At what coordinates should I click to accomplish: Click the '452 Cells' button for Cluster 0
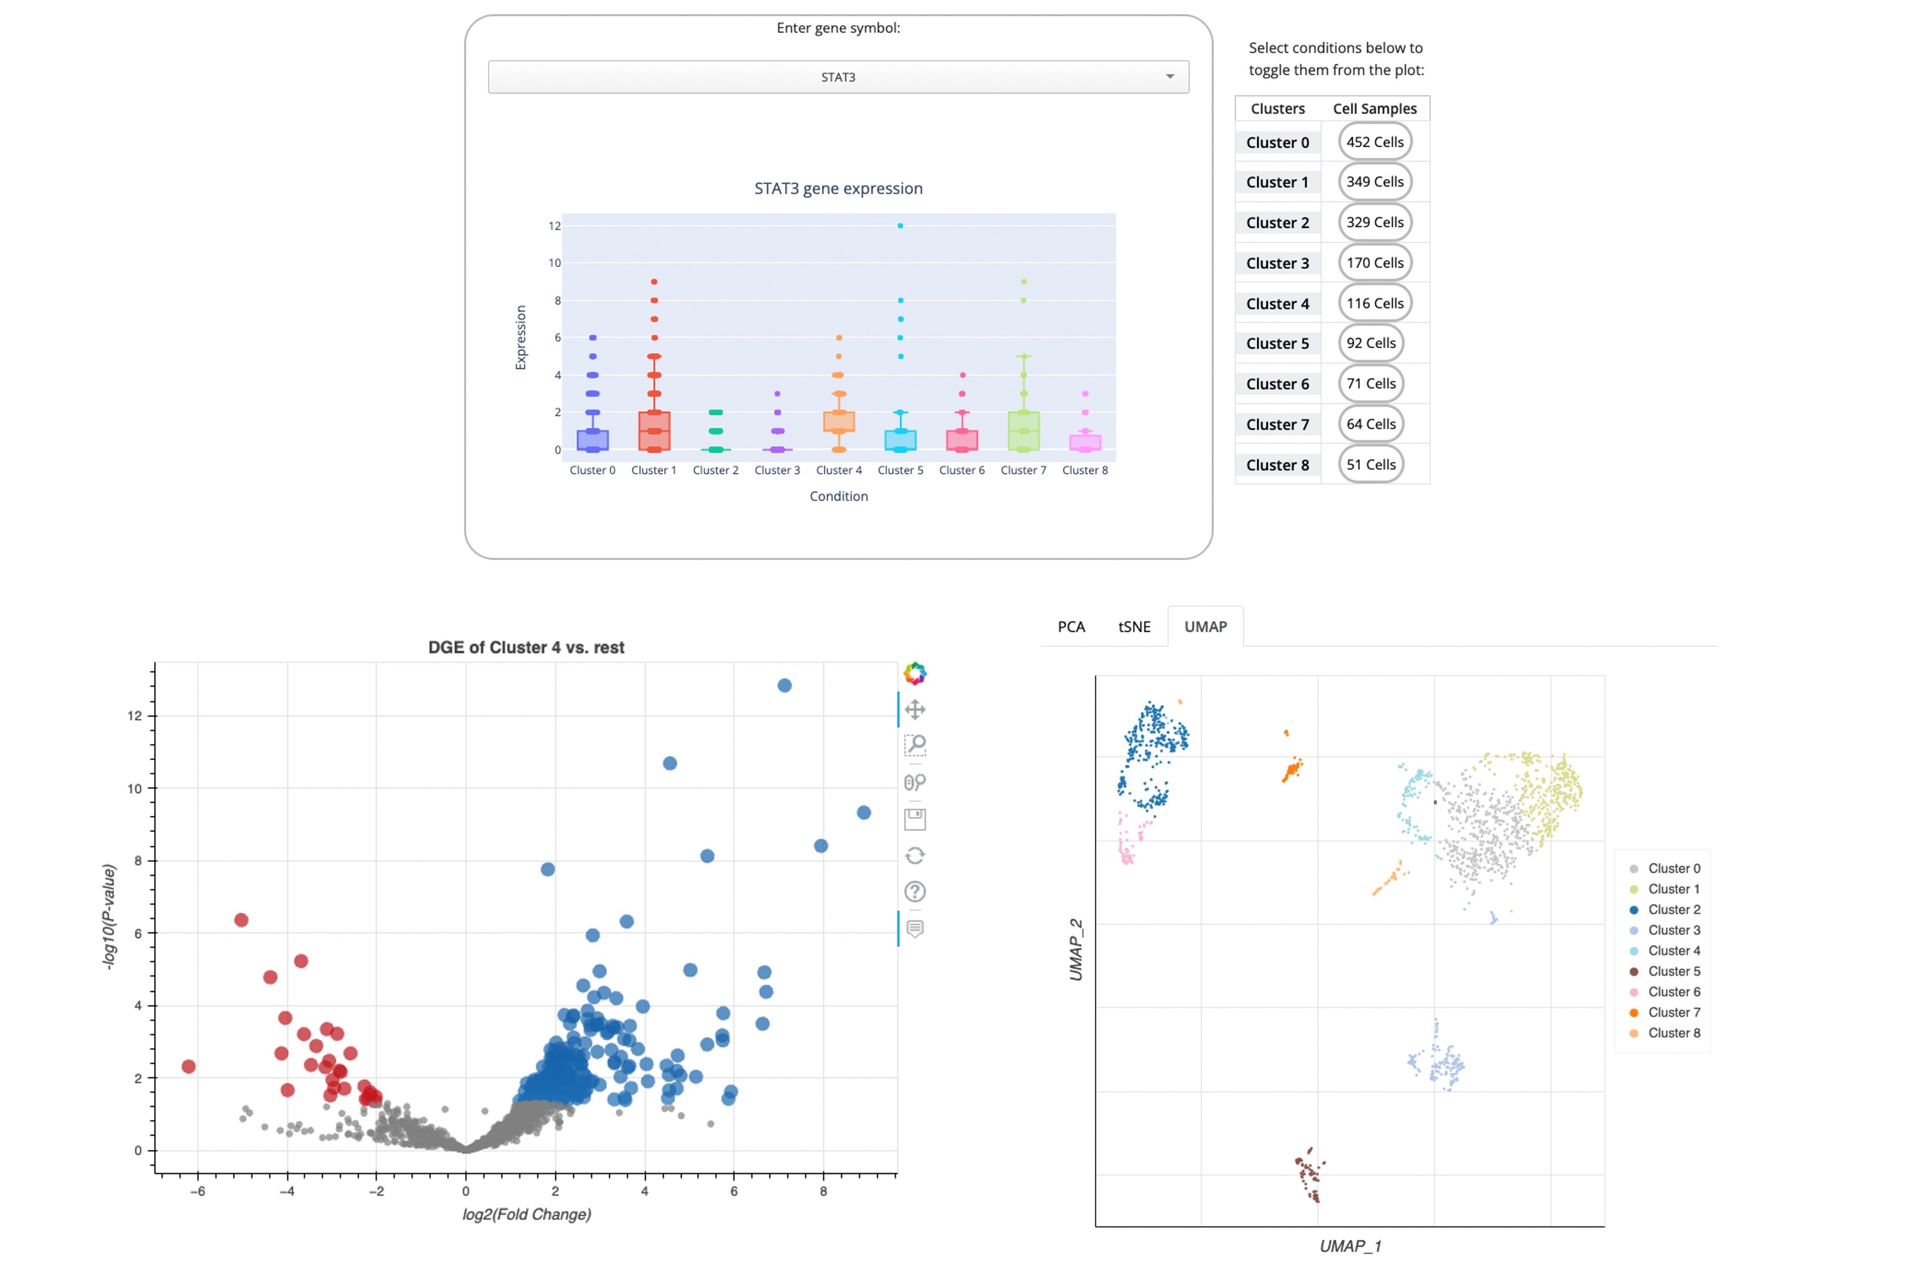point(1374,142)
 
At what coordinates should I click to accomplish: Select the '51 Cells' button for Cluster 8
point(1370,464)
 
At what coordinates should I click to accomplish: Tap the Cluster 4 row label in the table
point(1277,304)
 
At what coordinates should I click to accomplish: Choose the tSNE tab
point(1134,626)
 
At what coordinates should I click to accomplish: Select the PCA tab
point(1070,626)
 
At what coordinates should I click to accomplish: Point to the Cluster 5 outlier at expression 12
point(900,225)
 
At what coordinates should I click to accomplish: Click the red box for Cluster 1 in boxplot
point(654,431)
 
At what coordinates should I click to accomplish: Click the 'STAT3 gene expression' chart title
point(838,188)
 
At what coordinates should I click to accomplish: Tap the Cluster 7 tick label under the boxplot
point(1023,470)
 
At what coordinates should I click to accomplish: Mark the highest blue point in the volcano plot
point(784,685)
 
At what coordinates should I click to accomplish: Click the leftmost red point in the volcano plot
point(189,1066)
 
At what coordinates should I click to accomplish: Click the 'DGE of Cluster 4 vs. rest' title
point(526,647)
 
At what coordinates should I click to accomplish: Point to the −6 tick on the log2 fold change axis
point(197,1192)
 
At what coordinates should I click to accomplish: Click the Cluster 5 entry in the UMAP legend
point(1673,971)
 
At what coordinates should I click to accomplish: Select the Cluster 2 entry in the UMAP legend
point(1673,910)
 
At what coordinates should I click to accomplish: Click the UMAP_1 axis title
point(1350,1246)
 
